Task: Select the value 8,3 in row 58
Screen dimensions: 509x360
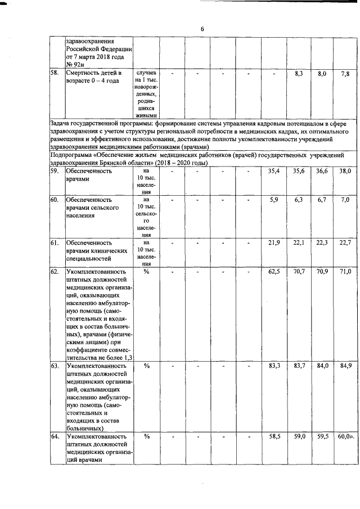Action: (299, 74)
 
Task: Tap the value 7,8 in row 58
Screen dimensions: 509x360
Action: (345, 74)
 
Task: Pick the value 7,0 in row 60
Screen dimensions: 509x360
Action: (345, 200)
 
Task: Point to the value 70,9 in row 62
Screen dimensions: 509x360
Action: (322, 272)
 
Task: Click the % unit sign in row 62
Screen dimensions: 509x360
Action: (146, 272)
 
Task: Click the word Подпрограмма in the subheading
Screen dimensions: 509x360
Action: (70, 153)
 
